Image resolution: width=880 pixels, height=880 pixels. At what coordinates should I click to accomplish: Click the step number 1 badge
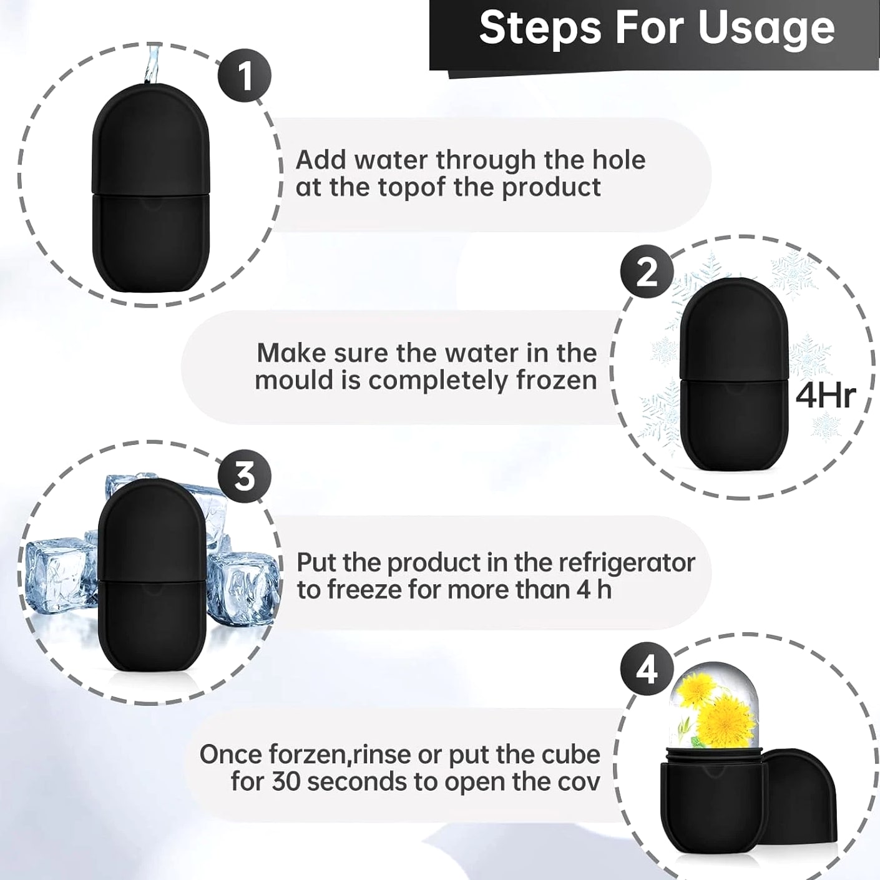244,76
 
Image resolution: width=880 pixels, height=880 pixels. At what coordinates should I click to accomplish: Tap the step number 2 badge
646,273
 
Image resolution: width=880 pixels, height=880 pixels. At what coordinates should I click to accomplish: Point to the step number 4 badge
647,670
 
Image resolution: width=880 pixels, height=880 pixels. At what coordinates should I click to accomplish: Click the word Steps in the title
540,27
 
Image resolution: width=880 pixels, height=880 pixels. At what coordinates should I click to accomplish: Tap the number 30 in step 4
286,782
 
